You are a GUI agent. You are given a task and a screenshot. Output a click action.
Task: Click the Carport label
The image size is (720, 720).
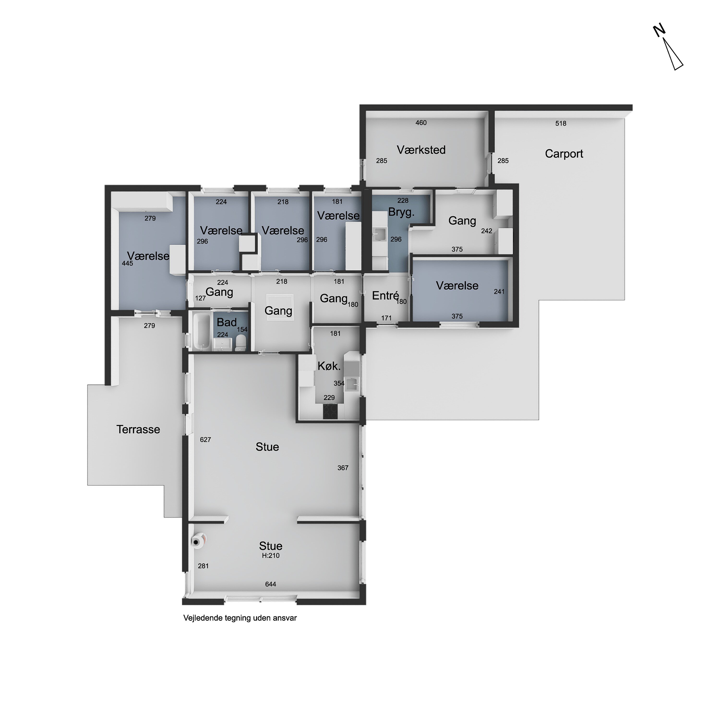(x=564, y=154)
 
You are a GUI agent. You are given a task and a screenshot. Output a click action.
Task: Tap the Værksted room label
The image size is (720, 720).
(x=421, y=150)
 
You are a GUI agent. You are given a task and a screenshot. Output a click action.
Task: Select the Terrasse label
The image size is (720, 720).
(x=138, y=429)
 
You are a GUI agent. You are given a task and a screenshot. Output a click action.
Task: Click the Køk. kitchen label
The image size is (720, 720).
(x=329, y=366)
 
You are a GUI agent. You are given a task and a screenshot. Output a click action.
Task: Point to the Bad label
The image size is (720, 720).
(x=227, y=322)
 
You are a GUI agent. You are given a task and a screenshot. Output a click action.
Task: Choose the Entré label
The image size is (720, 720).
(x=385, y=295)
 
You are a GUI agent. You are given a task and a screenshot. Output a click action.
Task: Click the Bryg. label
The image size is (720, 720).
(x=401, y=212)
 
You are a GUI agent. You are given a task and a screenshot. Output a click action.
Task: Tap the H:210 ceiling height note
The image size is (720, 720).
(x=270, y=556)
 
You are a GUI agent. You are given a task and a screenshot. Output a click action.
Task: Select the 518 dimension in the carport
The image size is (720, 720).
(x=561, y=123)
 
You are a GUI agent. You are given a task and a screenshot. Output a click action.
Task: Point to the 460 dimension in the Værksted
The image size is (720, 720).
(x=421, y=123)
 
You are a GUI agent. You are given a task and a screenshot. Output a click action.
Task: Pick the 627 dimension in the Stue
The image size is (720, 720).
(x=205, y=440)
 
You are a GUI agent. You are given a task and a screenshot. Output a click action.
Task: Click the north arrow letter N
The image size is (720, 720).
(x=660, y=30)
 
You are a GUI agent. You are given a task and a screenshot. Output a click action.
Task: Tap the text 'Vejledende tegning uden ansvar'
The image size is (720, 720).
(x=240, y=618)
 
